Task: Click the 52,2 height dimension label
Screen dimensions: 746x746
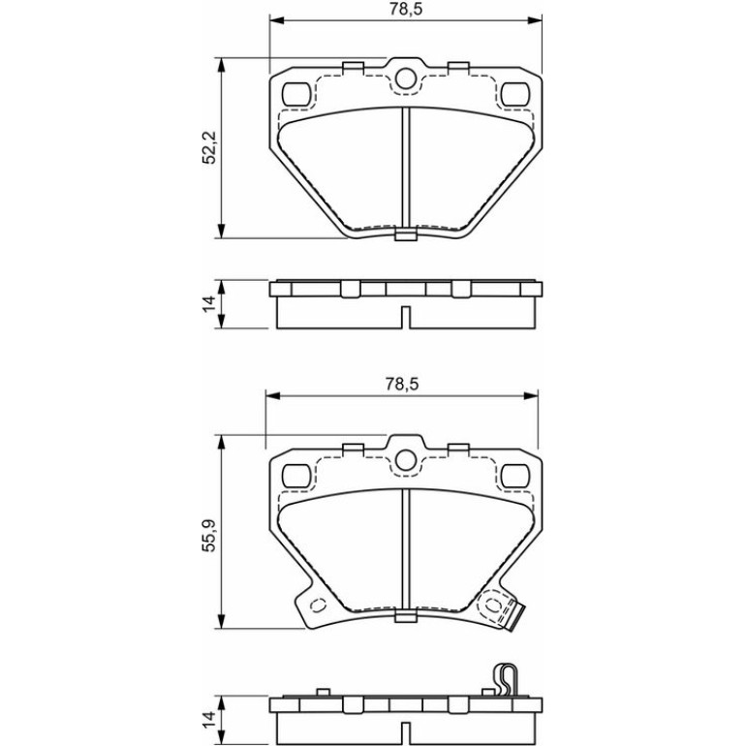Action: [x=209, y=147]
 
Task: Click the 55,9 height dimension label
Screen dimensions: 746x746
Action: [x=209, y=535]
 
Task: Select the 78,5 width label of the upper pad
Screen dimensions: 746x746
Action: [x=406, y=9]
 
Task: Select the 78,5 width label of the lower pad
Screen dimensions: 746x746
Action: [x=402, y=384]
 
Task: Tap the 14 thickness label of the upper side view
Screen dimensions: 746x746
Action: [x=209, y=303]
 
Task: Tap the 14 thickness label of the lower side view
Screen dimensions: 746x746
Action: [x=209, y=720]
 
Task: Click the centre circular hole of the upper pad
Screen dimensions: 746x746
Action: [x=405, y=78]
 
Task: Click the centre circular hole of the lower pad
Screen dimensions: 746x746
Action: [x=405, y=460]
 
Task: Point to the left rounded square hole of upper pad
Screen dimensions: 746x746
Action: [x=295, y=94]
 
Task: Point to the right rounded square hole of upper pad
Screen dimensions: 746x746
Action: [x=515, y=94]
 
